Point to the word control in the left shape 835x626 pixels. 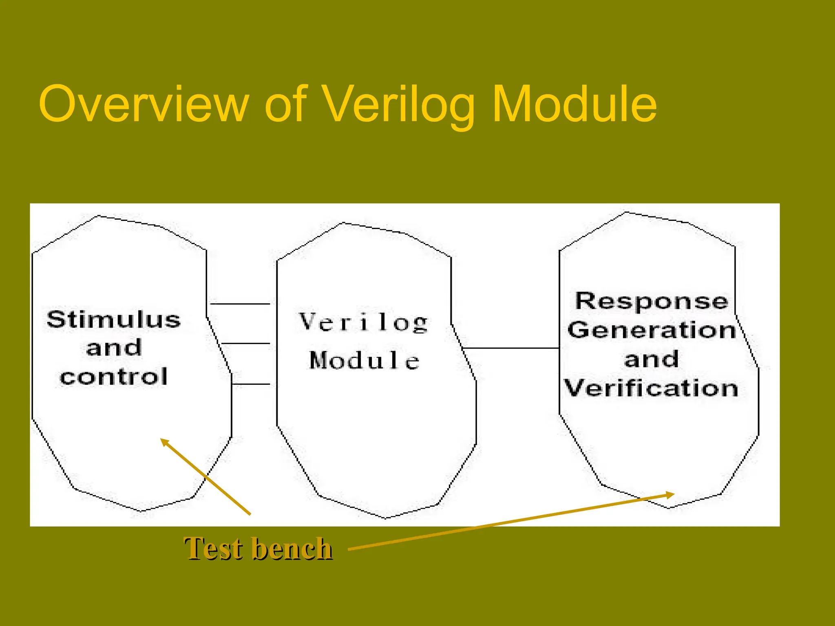pos(114,377)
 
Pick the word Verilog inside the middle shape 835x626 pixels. pos(363,322)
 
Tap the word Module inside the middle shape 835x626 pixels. pos(364,360)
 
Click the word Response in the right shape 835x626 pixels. pos(652,301)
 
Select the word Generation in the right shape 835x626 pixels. pos(652,330)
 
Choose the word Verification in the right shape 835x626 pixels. pos(651,388)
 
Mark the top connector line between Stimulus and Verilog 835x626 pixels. pos(240,304)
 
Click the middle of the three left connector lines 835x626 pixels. pos(245,344)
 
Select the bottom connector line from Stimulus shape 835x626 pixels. pos(251,384)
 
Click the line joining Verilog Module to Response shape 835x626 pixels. pos(511,348)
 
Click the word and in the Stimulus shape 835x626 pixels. pos(114,348)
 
